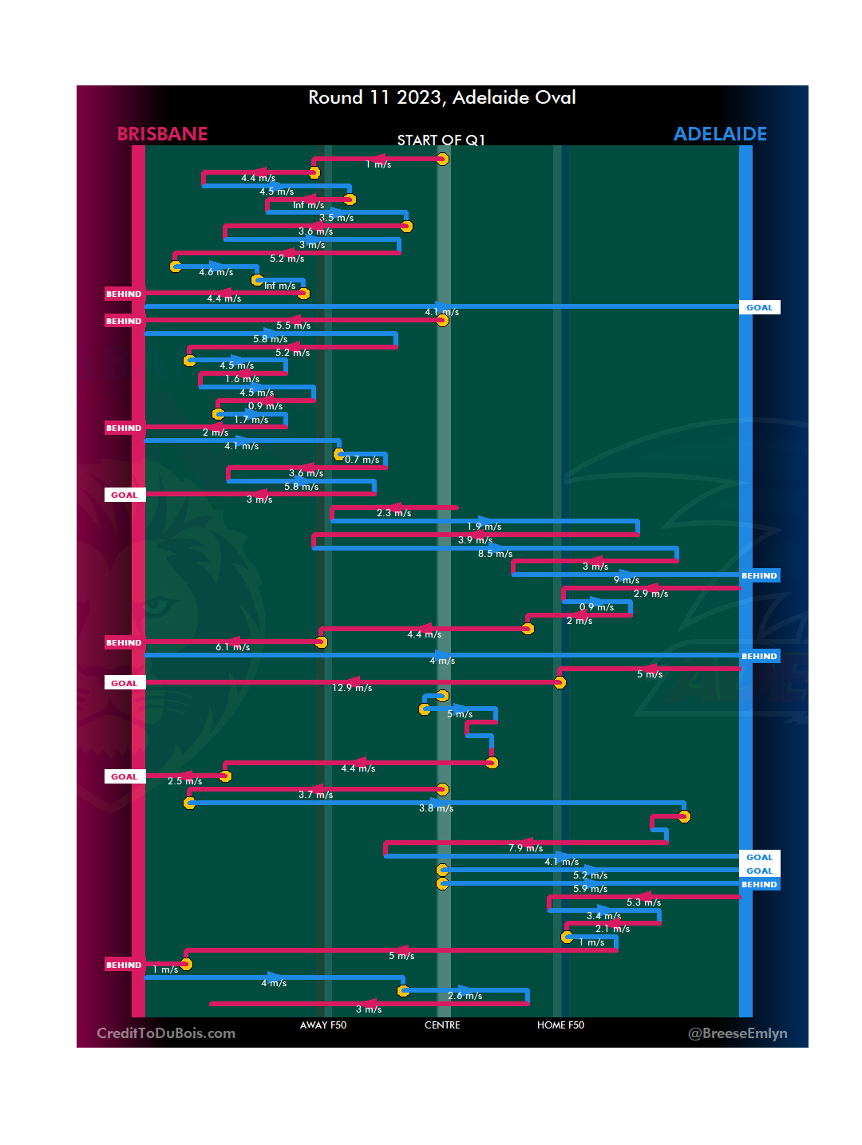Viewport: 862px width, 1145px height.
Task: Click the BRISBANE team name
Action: point(162,134)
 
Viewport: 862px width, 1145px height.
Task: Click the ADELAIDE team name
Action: point(720,134)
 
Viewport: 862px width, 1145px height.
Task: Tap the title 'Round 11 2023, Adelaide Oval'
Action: point(442,97)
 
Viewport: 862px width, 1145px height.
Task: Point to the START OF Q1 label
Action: point(441,140)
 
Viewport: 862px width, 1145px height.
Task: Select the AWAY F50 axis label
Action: point(323,1025)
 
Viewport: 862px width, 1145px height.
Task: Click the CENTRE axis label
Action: point(442,1025)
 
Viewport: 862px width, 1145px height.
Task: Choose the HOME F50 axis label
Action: point(560,1025)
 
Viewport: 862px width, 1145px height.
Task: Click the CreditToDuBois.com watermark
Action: point(166,1033)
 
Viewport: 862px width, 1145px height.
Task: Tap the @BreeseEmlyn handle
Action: point(737,1033)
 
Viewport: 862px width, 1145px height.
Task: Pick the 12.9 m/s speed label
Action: point(352,688)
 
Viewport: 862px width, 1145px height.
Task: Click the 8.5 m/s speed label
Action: point(495,554)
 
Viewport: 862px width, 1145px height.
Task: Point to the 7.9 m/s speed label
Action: point(525,848)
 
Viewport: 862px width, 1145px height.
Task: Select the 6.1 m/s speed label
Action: point(232,647)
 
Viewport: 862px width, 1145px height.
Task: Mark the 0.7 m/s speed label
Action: point(362,460)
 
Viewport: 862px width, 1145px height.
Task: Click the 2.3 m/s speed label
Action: point(393,513)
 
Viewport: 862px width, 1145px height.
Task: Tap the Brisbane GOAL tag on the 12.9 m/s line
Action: point(125,683)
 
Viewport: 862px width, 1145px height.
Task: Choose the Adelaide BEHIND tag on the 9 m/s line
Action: point(759,575)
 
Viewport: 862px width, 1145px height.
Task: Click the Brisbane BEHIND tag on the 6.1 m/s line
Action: point(124,642)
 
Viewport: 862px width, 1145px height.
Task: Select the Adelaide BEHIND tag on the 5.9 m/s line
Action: point(759,884)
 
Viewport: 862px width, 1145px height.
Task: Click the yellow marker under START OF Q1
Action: point(442,159)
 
